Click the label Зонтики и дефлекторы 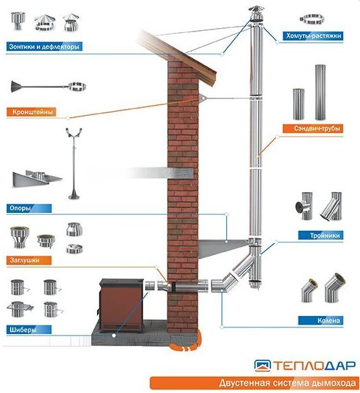tap(44, 46)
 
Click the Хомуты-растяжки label tap(313, 36)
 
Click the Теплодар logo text tap(314, 366)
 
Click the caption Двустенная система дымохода tap(287, 383)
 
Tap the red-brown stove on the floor tap(121, 305)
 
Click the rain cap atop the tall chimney tap(256, 14)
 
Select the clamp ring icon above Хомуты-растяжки tap(312, 19)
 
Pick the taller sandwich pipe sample tap(320, 92)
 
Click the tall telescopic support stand tap(74, 163)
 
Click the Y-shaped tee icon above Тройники tap(331, 206)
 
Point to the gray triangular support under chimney tap(223, 248)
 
